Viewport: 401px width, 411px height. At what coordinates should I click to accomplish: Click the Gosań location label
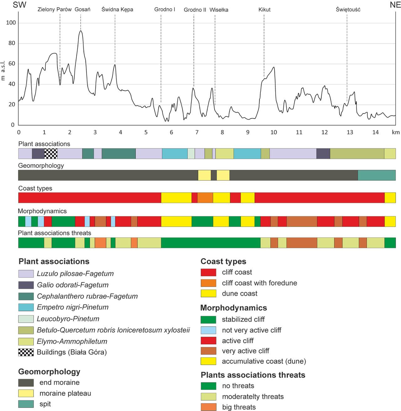tap(82, 9)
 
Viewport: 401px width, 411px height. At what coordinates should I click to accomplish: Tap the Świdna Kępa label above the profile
tap(117, 9)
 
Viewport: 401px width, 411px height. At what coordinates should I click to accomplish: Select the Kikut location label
tap(264, 10)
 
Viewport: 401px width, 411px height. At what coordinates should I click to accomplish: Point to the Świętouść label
tap(348, 9)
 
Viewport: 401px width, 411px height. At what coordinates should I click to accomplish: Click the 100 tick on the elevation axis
tap(11, 23)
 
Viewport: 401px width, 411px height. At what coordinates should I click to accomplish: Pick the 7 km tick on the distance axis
tap(197, 132)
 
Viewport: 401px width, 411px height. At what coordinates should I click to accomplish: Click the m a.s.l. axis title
tap(3, 71)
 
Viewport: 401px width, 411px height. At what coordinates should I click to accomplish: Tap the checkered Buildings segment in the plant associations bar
tap(51, 153)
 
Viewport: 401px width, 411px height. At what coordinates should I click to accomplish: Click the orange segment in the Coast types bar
tap(205, 198)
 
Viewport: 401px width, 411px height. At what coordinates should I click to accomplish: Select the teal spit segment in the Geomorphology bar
tap(377, 175)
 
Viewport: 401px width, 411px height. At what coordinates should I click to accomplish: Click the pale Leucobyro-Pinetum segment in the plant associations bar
tap(191, 153)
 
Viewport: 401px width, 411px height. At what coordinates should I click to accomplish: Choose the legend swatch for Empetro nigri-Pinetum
tap(26, 307)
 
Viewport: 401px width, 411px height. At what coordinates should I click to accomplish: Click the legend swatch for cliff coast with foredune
tap(208, 283)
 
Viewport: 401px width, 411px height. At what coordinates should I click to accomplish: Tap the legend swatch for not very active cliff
tap(208, 330)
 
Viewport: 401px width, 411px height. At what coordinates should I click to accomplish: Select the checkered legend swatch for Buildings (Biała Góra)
tap(26, 352)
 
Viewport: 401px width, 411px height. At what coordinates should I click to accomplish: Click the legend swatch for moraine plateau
tap(26, 393)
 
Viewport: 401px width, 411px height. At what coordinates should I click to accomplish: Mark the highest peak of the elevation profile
tap(81, 31)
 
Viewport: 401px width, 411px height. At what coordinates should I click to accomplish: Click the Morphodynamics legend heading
tap(233, 308)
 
